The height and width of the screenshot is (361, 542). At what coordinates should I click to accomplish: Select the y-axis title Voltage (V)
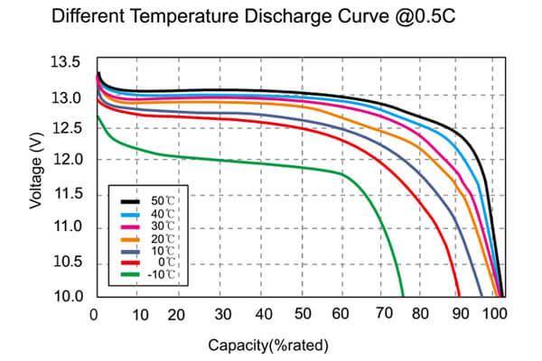click(36, 172)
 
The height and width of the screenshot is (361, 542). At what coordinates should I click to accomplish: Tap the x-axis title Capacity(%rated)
click(268, 345)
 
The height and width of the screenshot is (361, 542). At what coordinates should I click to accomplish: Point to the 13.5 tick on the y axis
click(74, 62)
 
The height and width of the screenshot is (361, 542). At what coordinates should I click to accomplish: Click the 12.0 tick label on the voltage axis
click(74, 160)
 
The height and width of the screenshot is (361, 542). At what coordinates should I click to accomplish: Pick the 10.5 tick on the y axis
click(74, 262)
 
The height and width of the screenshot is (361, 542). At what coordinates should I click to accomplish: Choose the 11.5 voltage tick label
click(74, 195)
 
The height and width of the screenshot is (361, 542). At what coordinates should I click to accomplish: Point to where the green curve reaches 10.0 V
click(403, 295)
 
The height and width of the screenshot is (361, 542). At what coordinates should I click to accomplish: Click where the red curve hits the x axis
click(459, 295)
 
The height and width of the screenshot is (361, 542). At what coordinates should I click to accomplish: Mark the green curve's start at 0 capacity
click(96, 116)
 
